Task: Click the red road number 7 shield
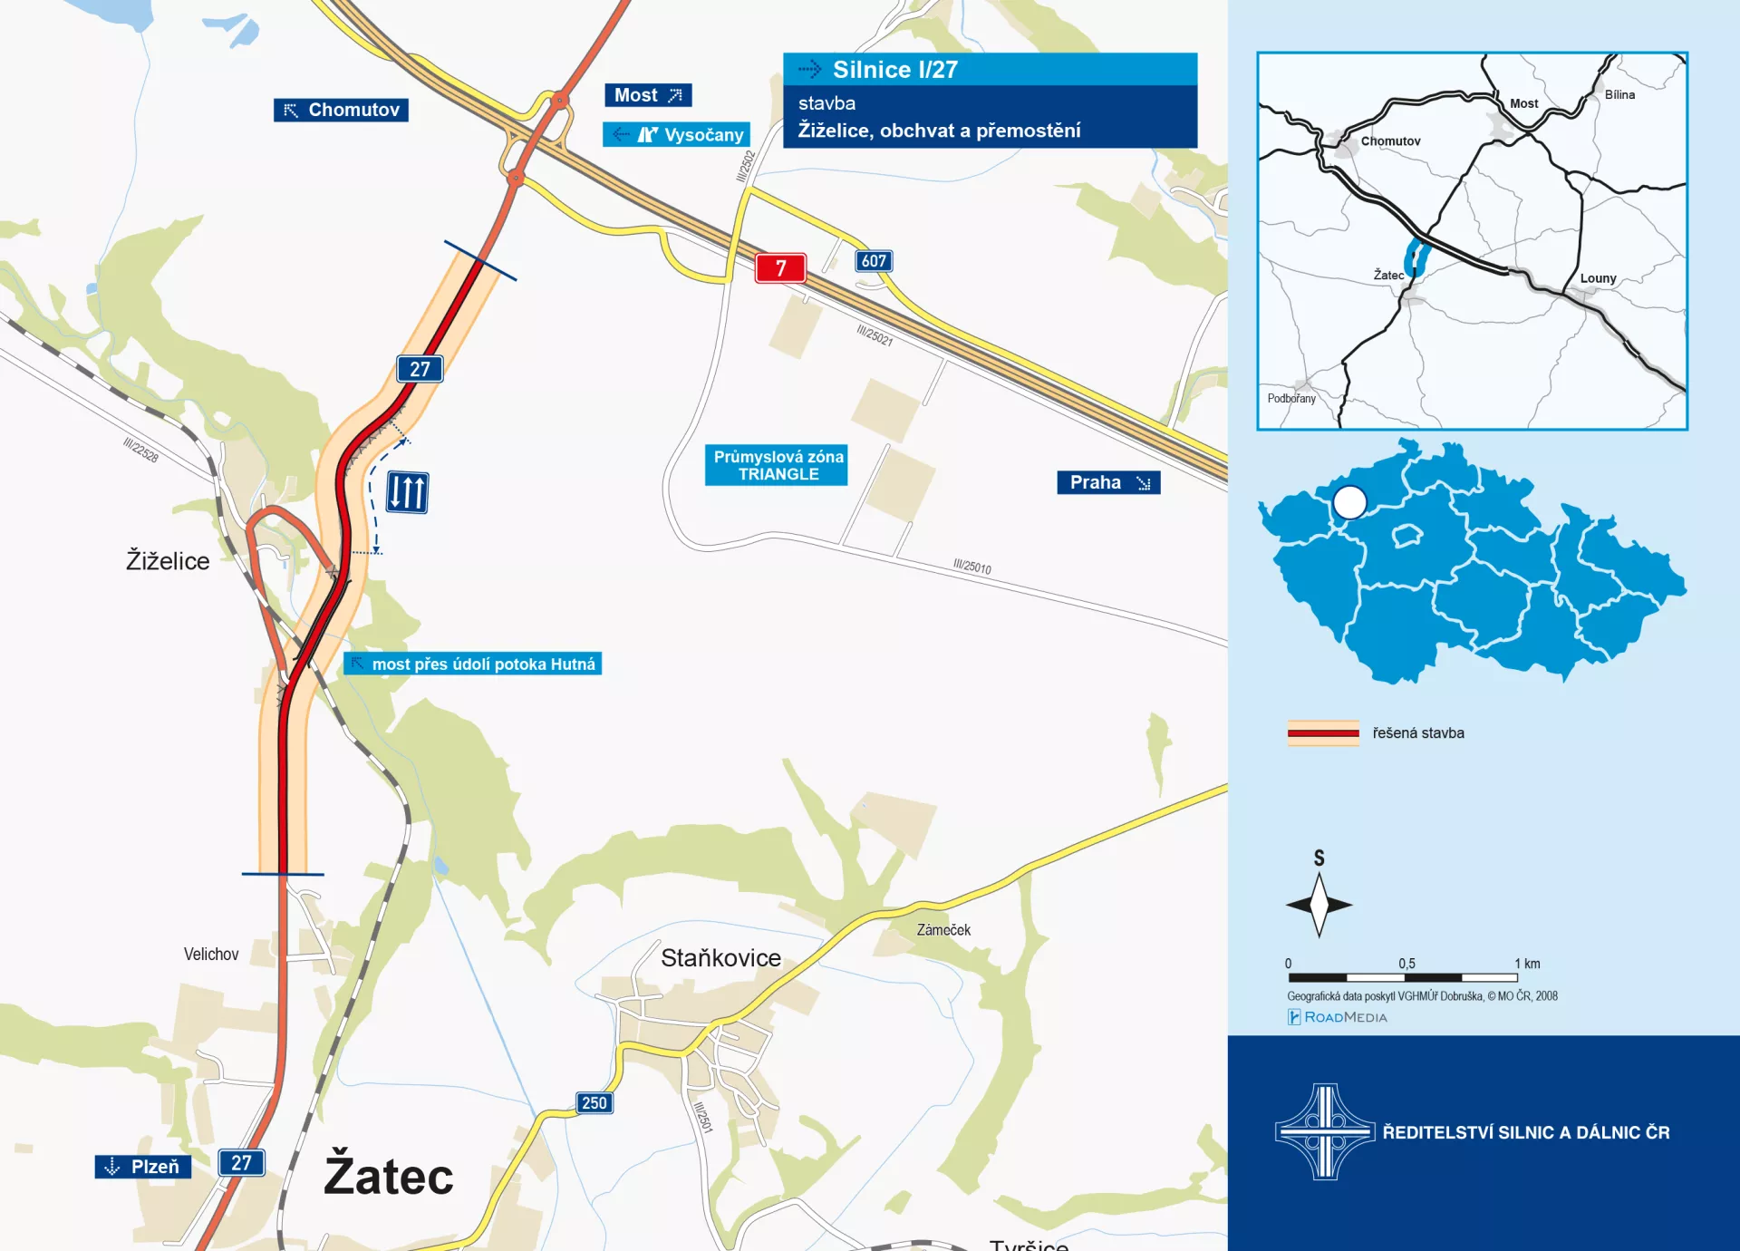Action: [x=780, y=267]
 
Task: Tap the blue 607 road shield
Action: [x=874, y=261]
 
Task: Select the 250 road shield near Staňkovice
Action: [x=594, y=1102]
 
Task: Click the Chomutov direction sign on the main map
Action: [x=341, y=110]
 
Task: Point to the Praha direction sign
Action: [x=1107, y=482]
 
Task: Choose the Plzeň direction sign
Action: [x=143, y=1166]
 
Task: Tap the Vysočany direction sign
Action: [x=676, y=135]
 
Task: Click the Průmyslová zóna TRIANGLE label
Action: [x=777, y=465]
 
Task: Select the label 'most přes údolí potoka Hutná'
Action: [x=473, y=664]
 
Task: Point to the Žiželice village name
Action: [x=168, y=561]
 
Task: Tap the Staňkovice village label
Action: [x=720, y=958]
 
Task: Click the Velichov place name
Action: [x=211, y=954]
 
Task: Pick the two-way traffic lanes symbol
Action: [x=407, y=492]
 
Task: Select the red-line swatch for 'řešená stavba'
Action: [x=1323, y=732]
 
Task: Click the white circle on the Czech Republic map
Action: [x=1349, y=502]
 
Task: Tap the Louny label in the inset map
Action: [x=1598, y=278]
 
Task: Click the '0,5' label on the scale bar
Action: [x=1406, y=964]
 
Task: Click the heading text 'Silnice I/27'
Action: [x=894, y=70]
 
